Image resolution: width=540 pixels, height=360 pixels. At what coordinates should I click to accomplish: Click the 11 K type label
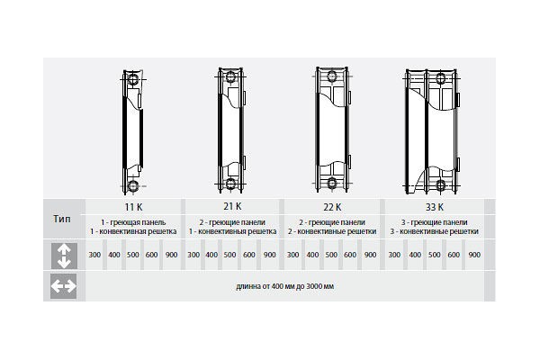click(x=134, y=206)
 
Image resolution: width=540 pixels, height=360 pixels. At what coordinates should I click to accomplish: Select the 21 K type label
click(x=232, y=206)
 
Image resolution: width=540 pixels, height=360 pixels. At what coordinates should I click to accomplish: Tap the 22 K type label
click(x=332, y=206)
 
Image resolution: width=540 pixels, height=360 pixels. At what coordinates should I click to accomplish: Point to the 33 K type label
click(x=435, y=206)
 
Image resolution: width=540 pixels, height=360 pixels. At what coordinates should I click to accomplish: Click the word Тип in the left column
click(x=64, y=219)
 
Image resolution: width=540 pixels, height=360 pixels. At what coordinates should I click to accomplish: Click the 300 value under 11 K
click(x=95, y=256)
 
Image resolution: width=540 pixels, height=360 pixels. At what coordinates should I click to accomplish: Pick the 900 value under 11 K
click(x=171, y=256)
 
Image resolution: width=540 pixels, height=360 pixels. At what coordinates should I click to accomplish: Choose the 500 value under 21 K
click(x=231, y=256)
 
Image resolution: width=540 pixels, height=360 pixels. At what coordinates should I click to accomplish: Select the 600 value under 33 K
click(x=454, y=256)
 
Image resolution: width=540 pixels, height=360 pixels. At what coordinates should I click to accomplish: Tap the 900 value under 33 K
click(x=474, y=256)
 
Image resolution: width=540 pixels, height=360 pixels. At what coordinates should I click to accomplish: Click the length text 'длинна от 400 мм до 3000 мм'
click(x=285, y=286)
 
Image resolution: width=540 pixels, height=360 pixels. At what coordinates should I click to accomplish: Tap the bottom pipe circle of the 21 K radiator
click(x=232, y=184)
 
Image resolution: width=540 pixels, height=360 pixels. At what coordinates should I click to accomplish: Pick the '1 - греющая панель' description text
click(x=134, y=221)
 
